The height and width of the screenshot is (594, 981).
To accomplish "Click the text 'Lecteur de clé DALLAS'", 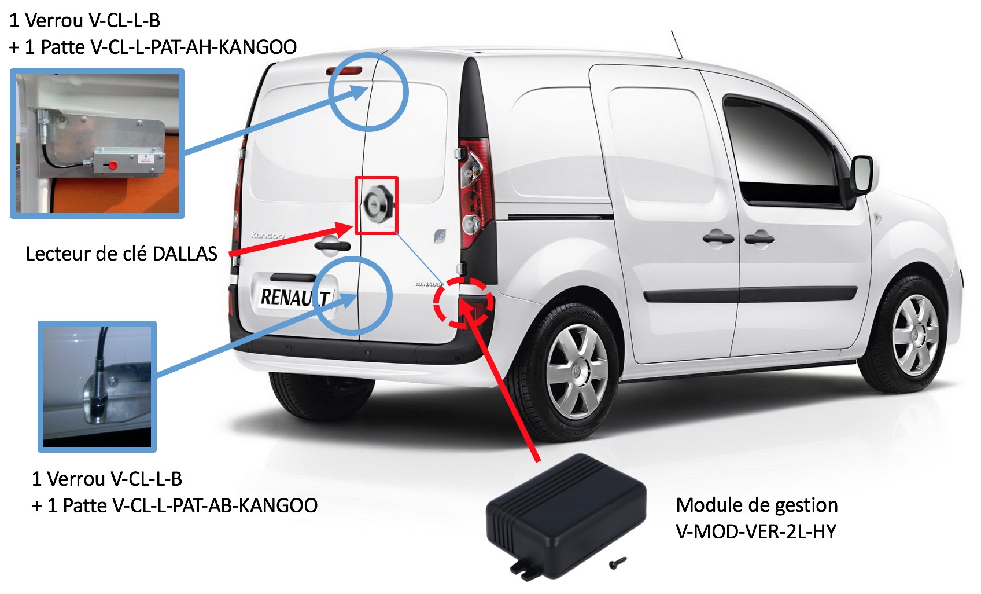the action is point(121,254).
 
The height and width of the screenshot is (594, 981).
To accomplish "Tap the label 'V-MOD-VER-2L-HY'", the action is point(756,531).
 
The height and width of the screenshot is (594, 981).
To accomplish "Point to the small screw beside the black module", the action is point(618,563).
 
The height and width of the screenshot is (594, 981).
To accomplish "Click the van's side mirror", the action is point(861,175).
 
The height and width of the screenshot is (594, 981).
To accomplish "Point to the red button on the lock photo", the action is point(113,165).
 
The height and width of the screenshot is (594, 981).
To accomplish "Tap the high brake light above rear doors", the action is point(344,71).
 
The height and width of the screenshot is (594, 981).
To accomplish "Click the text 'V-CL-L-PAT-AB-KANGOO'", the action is point(215,505).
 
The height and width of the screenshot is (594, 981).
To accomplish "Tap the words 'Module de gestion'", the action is point(757,505).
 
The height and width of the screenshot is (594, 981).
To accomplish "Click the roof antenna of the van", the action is point(677,44).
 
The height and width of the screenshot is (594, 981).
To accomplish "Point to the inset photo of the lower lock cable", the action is point(97,387).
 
